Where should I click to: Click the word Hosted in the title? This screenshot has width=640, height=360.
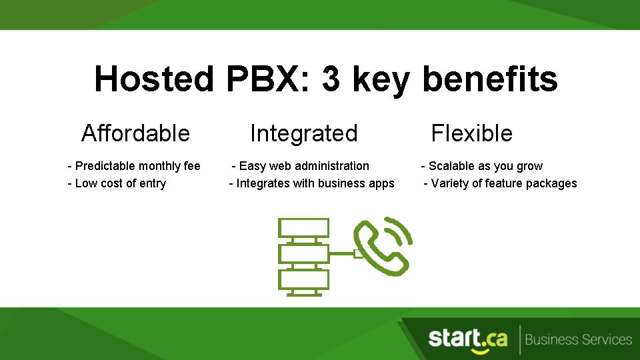coord(153,79)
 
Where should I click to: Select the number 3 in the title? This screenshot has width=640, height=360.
coord(331,79)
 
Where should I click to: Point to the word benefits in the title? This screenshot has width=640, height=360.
coord(490,79)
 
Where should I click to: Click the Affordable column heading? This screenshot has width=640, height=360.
coord(135,133)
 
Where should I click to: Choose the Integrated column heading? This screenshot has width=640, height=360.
coord(303,133)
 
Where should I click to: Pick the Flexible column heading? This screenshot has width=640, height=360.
coord(471,133)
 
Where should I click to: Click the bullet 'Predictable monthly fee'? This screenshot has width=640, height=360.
coord(134,166)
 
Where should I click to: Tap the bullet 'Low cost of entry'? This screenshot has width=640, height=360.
coord(117,183)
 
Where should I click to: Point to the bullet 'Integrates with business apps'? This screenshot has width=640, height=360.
coord(311,183)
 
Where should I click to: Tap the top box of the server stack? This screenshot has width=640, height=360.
coord(304,228)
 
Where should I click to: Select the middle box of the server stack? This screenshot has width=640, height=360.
coord(304,253)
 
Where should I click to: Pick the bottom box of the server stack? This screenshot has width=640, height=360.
coord(304,279)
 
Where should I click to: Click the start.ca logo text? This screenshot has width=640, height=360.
coord(467,339)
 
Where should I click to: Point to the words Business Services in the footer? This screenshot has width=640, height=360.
coord(578,339)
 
